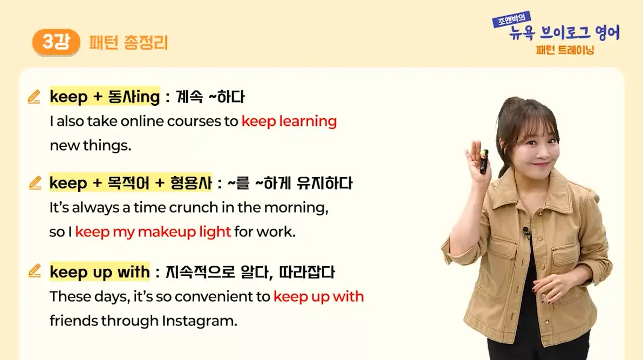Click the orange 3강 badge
pos(56,42)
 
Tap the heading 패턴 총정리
pos(128,43)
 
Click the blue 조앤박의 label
pos(512,19)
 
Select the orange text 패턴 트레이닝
pos(565,50)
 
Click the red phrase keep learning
pos(289,121)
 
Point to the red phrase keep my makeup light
pos(153,232)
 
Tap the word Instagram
pos(199,321)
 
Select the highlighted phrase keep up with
pos(100,271)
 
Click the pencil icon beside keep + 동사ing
pos(34,97)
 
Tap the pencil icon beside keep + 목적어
pos(35,182)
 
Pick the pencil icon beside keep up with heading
pos(35,271)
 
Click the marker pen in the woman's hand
pos(484,161)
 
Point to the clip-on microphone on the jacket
pos(526,233)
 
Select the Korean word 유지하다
pos(324,183)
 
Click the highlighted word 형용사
pos(190,182)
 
